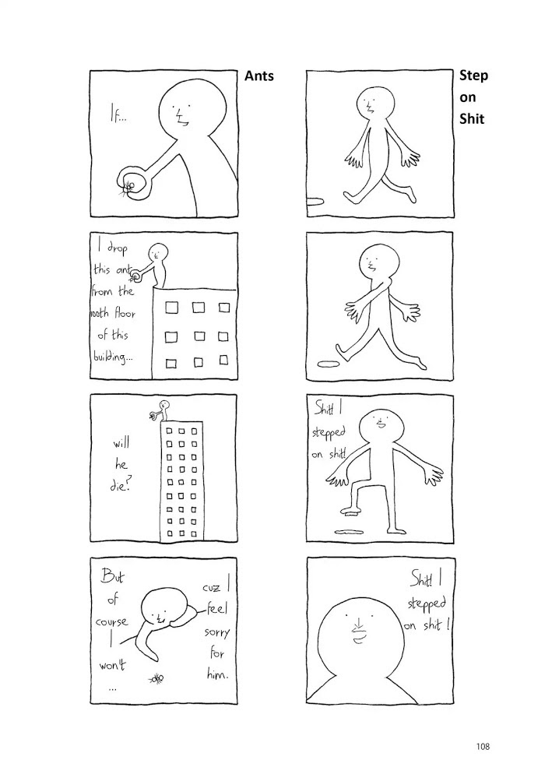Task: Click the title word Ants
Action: click(x=258, y=76)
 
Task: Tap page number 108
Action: click(x=483, y=747)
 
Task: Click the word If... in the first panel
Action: click(x=118, y=116)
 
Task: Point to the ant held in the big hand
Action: click(x=129, y=187)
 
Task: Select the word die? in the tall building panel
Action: click(x=120, y=486)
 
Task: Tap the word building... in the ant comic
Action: click(x=113, y=357)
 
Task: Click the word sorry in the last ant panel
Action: click(x=216, y=632)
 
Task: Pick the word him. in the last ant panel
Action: click(x=217, y=674)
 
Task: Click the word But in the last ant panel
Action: click(x=113, y=576)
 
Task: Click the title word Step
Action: click(x=473, y=76)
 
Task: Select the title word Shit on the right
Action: click(x=472, y=119)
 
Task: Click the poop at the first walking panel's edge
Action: click(x=315, y=200)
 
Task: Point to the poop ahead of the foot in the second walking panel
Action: click(x=327, y=364)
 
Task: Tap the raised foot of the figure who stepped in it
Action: click(x=351, y=510)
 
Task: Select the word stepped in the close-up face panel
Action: click(x=427, y=603)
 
